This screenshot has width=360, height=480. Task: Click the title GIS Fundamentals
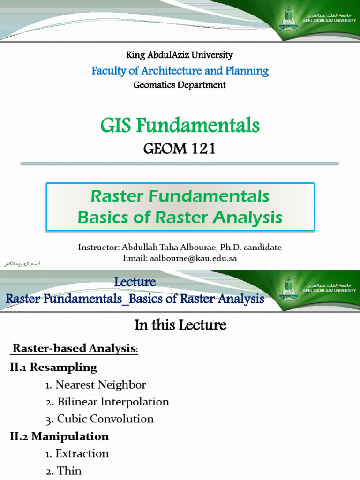click(x=180, y=126)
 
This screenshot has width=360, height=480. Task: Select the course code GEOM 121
click(x=180, y=149)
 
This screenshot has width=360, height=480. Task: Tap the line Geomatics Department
click(x=180, y=85)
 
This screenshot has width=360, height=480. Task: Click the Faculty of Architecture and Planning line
click(x=180, y=71)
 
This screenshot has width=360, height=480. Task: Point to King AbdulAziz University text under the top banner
click(x=180, y=55)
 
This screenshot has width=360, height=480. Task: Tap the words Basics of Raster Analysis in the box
click(x=180, y=217)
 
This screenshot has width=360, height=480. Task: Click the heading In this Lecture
click(x=180, y=325)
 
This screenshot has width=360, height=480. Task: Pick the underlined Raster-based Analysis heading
click(x=75, y=348)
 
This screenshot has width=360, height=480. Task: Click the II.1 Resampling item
click(x=53, y=367)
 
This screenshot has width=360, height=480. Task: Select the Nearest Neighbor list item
click(x=96, y=385)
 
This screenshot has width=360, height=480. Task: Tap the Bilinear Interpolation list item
click(x=107, y=402)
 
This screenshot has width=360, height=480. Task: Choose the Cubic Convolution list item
click(x=100, y=419)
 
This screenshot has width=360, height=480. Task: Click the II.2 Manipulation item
click(x=59, y=436)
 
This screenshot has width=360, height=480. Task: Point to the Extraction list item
click(x=77, y=453)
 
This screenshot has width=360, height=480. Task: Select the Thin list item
click(x=64, y=471)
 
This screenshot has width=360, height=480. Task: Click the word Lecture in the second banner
click(x=135, y=282)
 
